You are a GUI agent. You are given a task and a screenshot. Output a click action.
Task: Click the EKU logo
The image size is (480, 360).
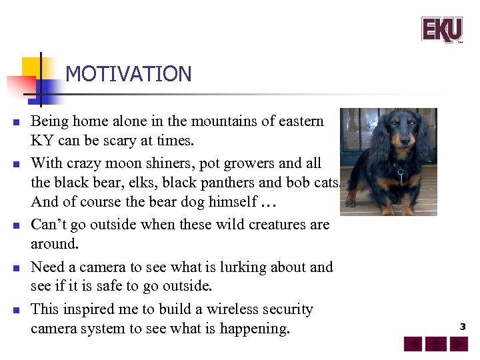pyautogui.click(x=441, y=29)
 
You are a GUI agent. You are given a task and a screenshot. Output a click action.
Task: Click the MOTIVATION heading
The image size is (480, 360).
pyautogui.click(x=129, y=74)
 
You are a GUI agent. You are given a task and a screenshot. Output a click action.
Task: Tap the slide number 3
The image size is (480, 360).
pyautogui.click(x=462, y=327)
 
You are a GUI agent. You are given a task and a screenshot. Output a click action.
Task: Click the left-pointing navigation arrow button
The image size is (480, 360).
pyautogui.click(x=413, y=344)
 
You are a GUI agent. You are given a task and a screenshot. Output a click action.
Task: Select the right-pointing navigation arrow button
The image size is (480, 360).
pyautogui.click(x=459, y=344)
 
